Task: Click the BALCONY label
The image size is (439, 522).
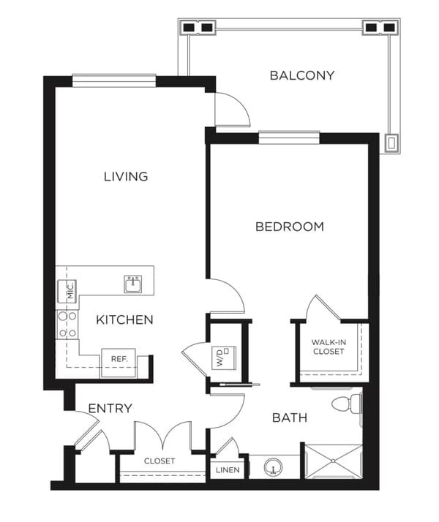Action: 301,75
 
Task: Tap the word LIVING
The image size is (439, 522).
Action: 126,176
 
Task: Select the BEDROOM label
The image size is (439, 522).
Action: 290,227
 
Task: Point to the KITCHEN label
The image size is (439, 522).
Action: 124,320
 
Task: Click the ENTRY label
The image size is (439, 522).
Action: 110,408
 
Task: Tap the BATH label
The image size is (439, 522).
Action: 290,417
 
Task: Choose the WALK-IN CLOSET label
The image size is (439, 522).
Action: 329,347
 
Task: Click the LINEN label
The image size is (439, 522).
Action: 228,470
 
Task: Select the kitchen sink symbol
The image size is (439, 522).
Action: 133,284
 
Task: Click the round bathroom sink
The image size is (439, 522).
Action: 273,467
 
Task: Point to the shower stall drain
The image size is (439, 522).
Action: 333,461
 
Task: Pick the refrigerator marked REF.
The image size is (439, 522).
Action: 119,363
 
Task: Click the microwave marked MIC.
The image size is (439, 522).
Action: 67,291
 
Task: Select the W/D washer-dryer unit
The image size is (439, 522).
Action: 224,358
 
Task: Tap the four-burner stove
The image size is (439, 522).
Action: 67,325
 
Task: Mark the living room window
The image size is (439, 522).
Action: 114,80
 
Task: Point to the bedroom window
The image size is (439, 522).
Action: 289,138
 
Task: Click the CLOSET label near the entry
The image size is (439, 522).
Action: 160,461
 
